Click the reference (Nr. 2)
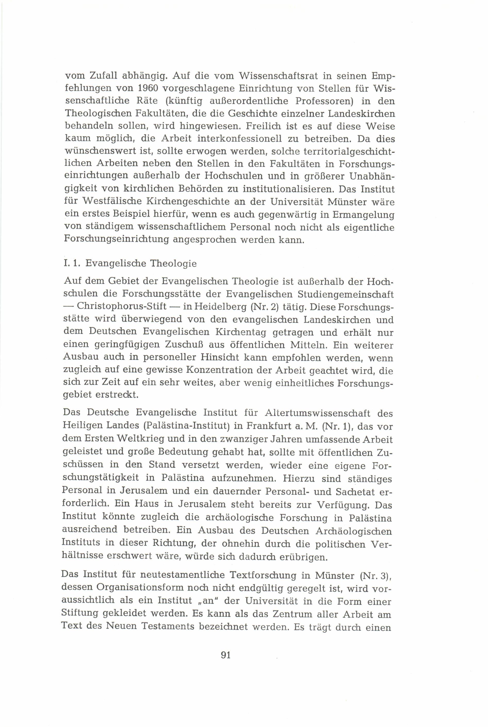coord(264,307)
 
